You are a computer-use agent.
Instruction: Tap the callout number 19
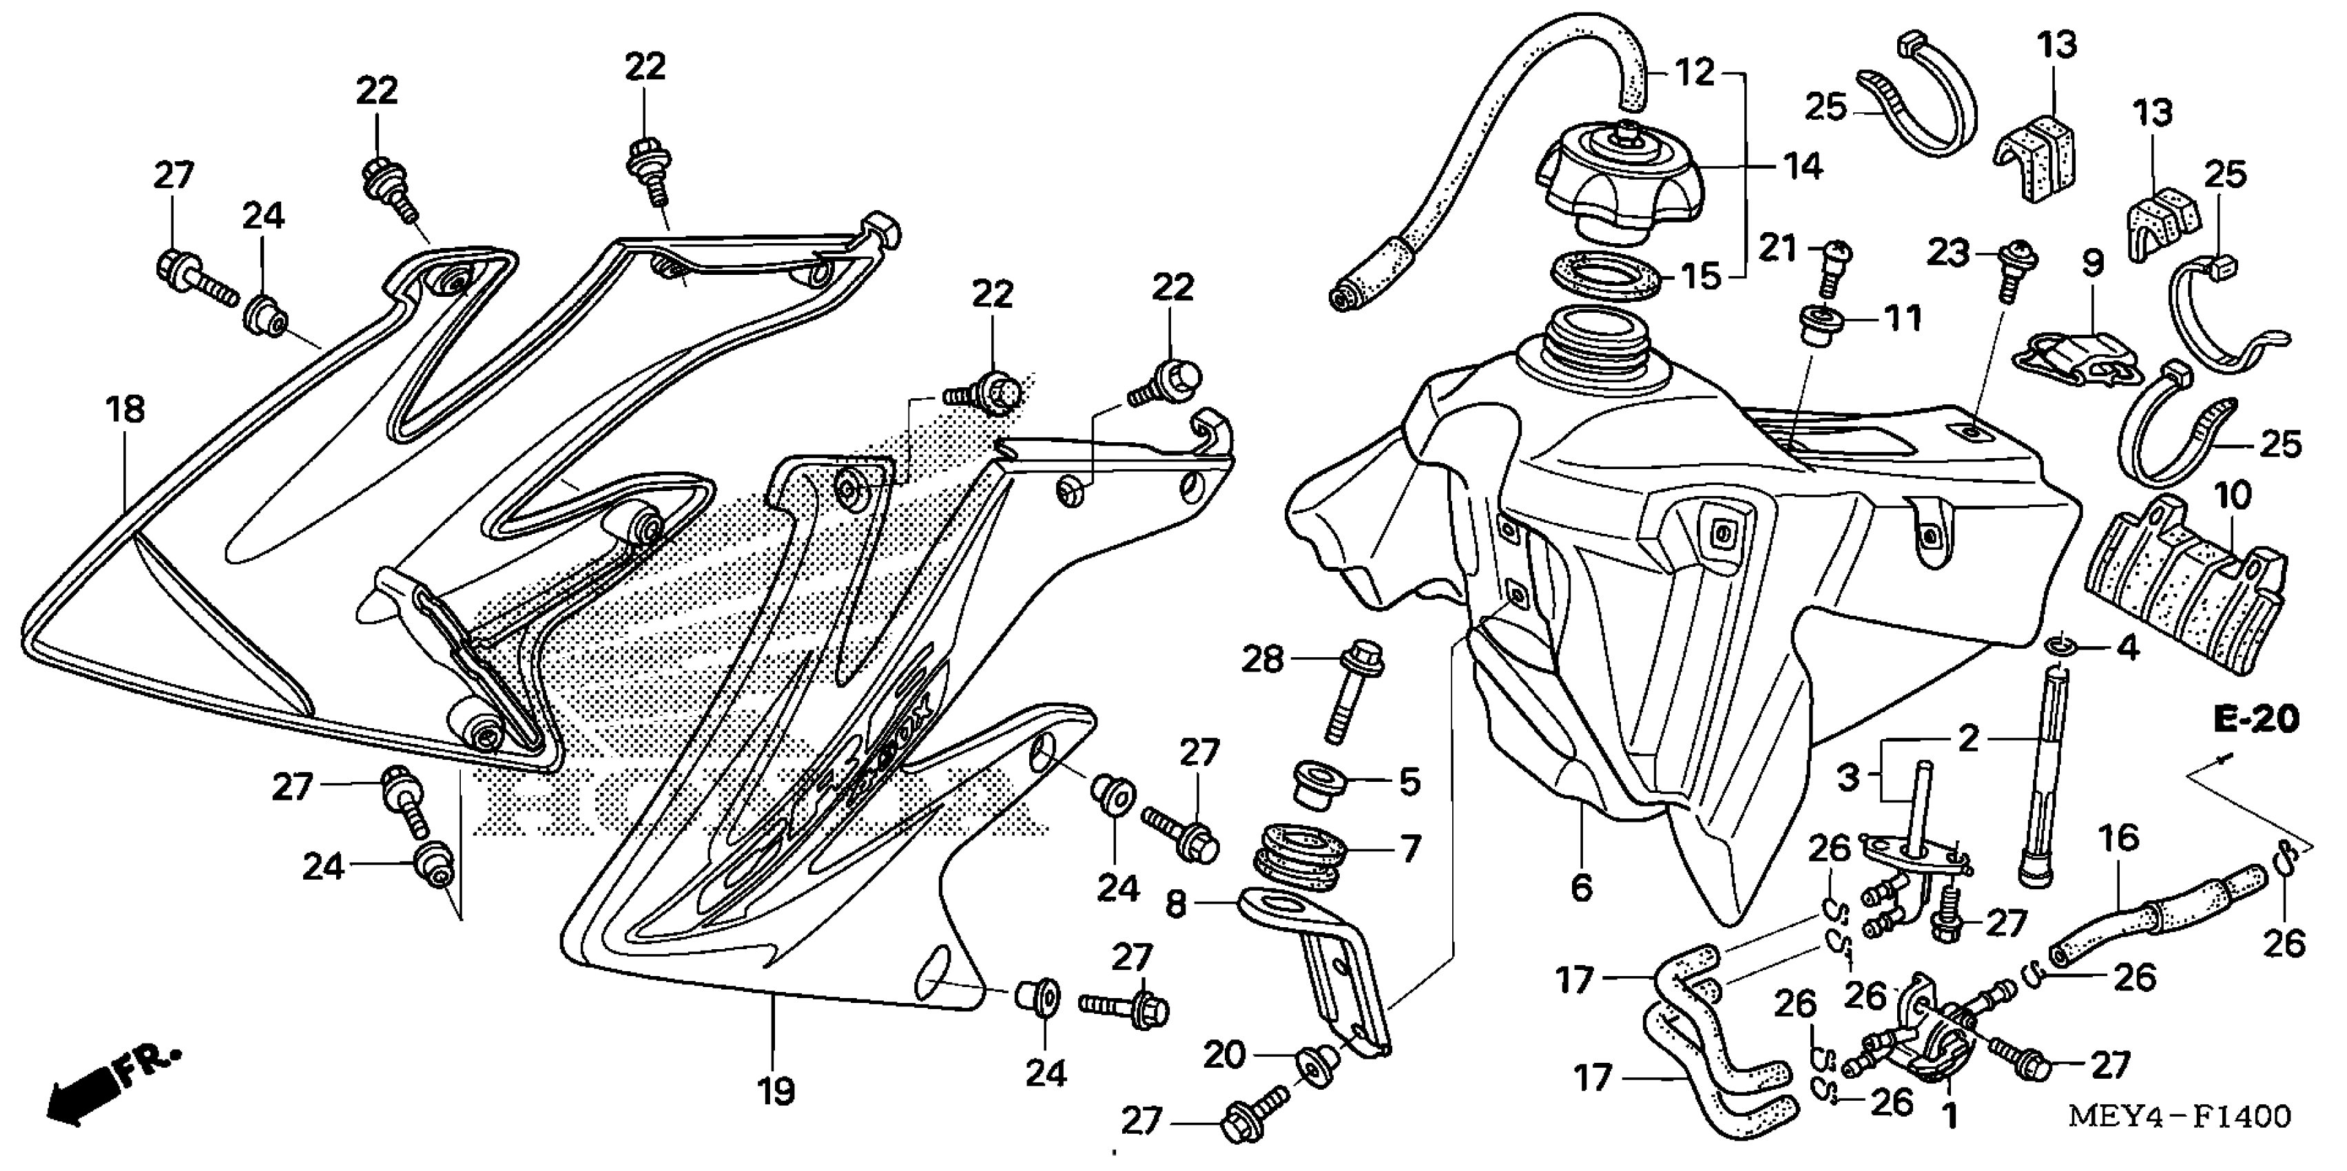coord(776,1091)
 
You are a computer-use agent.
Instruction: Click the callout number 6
coord(1582,887)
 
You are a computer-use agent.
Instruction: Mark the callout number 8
coord(1176,905)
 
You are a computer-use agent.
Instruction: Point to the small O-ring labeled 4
coord(2057,648)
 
